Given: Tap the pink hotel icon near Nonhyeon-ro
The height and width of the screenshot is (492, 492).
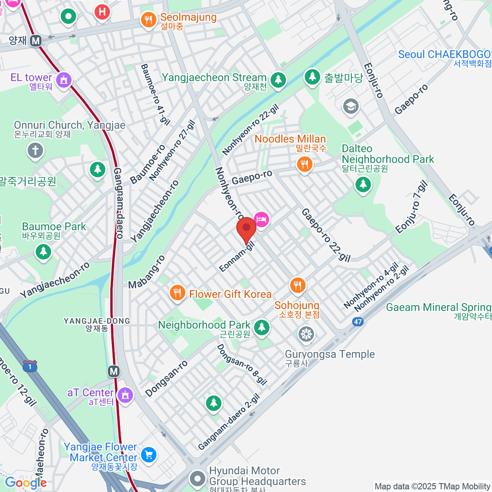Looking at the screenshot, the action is [x=261, y=219].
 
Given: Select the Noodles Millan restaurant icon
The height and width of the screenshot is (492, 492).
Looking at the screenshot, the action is [x=304, y=164].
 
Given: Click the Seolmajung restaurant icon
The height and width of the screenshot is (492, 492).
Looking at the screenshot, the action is [x=148, y=19].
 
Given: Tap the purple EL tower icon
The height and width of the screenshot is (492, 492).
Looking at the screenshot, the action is [x=64, y=80].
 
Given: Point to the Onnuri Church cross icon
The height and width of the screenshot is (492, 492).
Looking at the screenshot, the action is [x=35, y=150].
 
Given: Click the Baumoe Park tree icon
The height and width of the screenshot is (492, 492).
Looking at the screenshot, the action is [x=43, y=251].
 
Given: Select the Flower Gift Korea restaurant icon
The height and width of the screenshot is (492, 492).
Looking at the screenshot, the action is [x=177, y=293].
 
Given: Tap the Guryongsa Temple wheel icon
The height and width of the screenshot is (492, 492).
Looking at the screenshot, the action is [x=306, y=334].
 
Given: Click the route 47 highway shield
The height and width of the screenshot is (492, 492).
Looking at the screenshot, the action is [x=358, y=321].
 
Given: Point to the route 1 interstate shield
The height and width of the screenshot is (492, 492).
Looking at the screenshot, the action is [x=30, y=366].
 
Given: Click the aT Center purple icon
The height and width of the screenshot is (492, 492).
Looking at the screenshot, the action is [x=125, y=395].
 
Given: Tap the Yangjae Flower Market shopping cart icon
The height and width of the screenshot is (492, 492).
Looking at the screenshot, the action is [x=148, y=454].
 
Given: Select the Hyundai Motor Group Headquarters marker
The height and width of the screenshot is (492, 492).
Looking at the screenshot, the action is [x=198, y=478].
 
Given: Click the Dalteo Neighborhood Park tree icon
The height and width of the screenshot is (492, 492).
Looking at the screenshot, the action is [x=363, y=184].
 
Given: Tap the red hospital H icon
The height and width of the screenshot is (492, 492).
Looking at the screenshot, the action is [x=102, y=11].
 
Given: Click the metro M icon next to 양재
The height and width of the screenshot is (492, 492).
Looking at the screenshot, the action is [x=36, y=41].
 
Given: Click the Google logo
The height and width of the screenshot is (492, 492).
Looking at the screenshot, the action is [x=25, y=483].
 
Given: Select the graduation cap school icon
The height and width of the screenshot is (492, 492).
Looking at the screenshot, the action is [x=351, y=106].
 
